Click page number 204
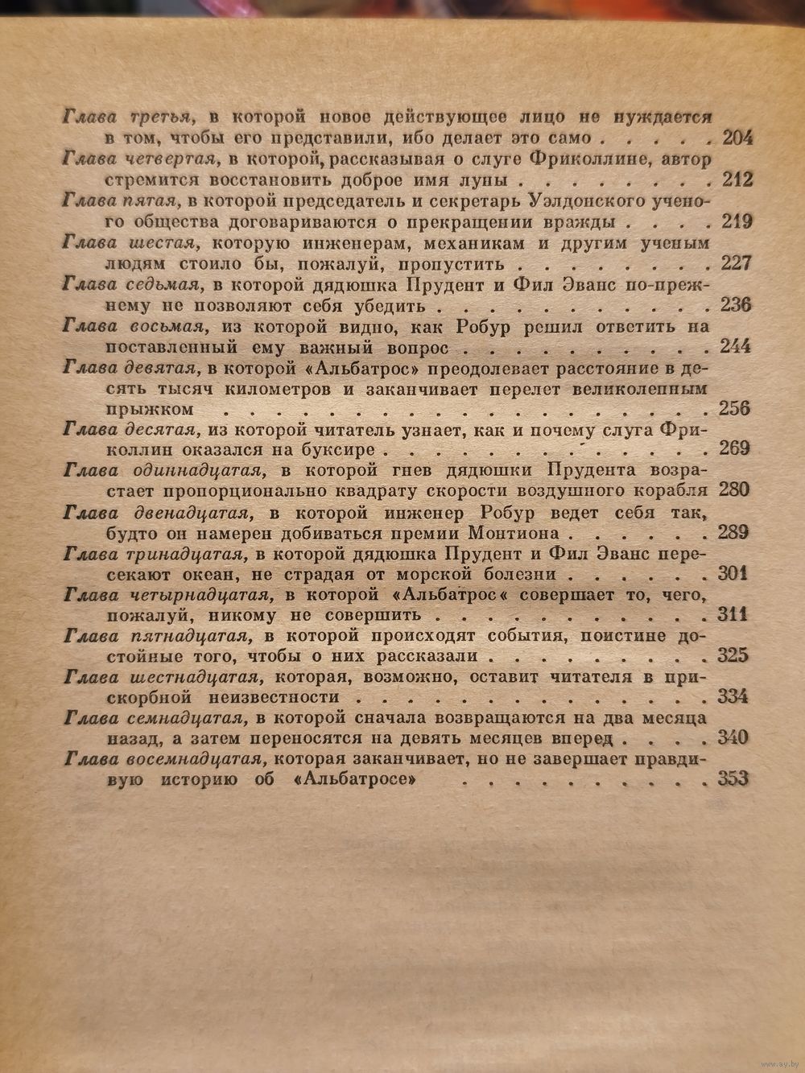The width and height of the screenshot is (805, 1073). (737, 138)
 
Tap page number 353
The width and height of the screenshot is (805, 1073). (732, 780)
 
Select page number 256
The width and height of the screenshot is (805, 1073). (733, 408)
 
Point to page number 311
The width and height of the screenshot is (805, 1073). (732, 615)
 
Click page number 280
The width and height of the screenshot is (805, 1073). (733, 490)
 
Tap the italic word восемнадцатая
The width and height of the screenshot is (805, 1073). (195, 758)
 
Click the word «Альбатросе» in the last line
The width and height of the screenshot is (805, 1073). (361, 780)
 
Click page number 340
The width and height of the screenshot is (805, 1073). (732, 738)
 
